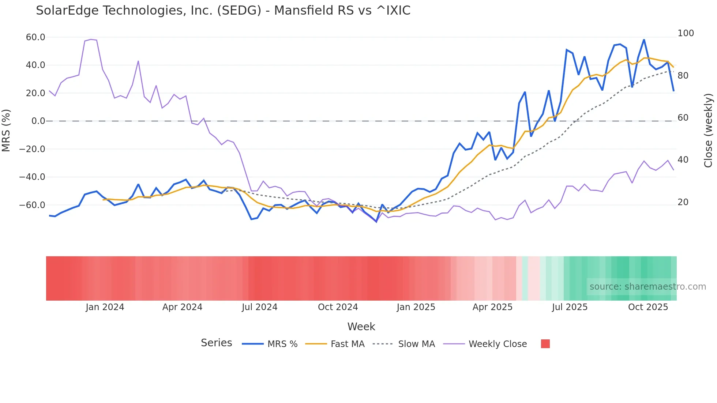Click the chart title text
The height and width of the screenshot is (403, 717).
pos(223,11)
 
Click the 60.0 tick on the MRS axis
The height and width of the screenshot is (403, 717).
pos(35,37)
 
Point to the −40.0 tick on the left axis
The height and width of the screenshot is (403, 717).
pos(32,177)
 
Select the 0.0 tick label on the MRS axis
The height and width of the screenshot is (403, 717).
pos(38,121)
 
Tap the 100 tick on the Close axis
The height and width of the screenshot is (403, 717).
pos(686,33)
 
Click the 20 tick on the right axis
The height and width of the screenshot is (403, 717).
pos(683,202)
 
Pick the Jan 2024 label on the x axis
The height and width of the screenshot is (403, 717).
pos(105,307)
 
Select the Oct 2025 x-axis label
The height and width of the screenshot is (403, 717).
pos(648,307)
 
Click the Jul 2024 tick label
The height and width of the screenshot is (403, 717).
pos(259,307)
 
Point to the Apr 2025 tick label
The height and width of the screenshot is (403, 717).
pos(492,307)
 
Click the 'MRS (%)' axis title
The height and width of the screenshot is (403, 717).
pos(6,130)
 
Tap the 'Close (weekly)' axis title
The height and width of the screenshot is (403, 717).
pos(708,130)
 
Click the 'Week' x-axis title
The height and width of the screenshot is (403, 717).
pos(361,327)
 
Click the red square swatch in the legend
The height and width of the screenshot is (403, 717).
pos(545,344)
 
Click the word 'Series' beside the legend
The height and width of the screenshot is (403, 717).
pos(216,343)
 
